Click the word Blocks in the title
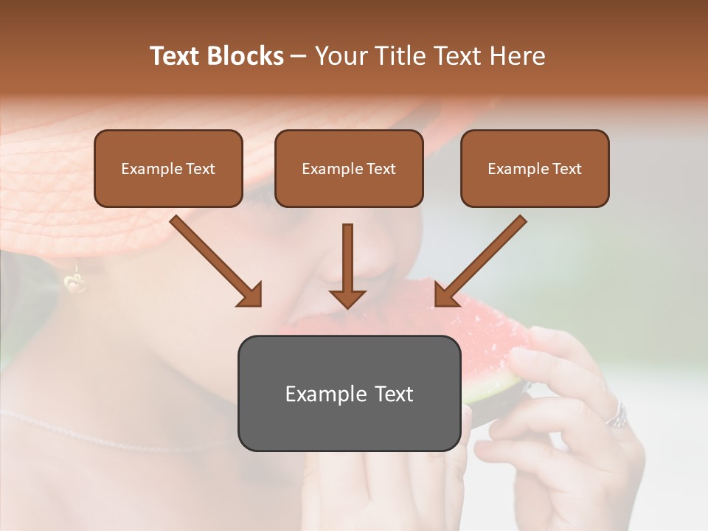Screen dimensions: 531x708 245,56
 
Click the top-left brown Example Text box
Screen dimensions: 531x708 168,169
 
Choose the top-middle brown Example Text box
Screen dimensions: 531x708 349,169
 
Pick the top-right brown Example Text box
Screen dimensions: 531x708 535,169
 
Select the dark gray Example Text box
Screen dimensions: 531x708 349,393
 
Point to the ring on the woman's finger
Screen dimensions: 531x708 617,416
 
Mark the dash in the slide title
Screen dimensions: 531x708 299,56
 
